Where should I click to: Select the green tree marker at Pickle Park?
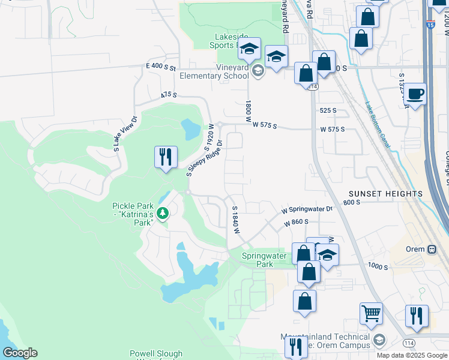[x=162, y=213]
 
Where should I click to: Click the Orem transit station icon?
[x=431, y=249]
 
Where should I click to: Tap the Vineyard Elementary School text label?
[x=214, y=76]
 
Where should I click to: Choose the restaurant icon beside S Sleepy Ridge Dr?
[x=165, y=157]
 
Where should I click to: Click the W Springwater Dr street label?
[x=307, y=210]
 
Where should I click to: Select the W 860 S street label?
[x=296, y=222]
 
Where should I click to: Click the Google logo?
[x=19, y=353]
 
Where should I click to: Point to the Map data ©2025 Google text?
[x=412, y=355]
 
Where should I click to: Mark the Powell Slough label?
[x=156, y=354]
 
